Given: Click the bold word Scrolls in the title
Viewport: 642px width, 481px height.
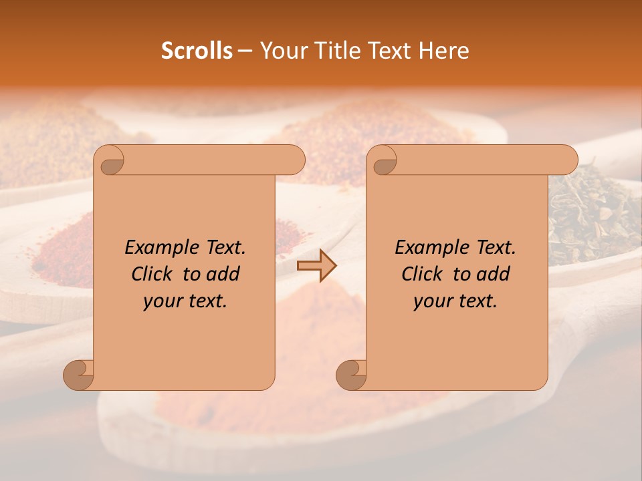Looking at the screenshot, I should pos(197,51).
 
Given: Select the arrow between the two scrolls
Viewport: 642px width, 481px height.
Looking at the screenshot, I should pos(316,266).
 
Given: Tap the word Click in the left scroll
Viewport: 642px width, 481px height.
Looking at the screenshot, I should pos(153,274).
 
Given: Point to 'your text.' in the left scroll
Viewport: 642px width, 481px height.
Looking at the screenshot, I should pos(185,301).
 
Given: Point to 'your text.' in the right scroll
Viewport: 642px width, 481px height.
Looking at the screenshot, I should pos(455,301).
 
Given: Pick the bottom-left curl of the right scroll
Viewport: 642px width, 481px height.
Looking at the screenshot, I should pos(351,374).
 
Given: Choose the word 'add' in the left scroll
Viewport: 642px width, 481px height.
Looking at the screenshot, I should pos(223,274).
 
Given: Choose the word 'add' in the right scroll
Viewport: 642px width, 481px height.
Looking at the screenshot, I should pos(494,274).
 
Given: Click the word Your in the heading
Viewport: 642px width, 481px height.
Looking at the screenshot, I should pos(280,51).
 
